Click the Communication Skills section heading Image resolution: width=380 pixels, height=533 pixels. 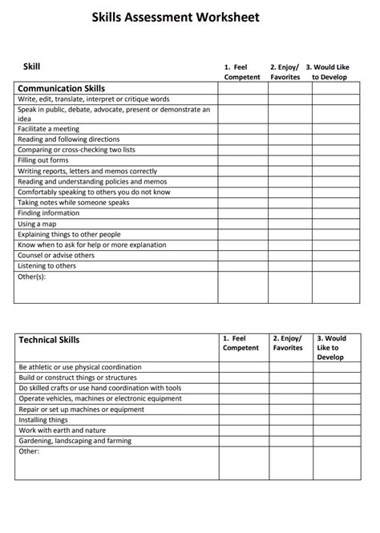click(61, 88)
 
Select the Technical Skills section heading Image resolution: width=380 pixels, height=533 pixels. click(49, 340)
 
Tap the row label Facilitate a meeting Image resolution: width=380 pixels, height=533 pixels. click(50, 128)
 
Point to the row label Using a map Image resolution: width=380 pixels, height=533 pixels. click(38, 224)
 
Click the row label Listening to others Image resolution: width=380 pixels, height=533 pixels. click(46, 266)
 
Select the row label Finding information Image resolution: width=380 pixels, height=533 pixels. click(49, 213)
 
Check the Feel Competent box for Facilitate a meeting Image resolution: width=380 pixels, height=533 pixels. click(243, 128)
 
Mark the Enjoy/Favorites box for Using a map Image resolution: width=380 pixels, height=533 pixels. click(289, 224)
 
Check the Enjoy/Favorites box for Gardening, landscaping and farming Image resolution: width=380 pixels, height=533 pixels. click(289, 441)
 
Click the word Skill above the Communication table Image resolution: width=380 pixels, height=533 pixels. click(32, 67)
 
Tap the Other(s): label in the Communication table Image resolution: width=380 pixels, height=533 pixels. click(32, 277)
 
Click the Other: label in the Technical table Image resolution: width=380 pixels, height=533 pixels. click(28, 451)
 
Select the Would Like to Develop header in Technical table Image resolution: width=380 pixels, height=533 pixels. click(334, 348)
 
